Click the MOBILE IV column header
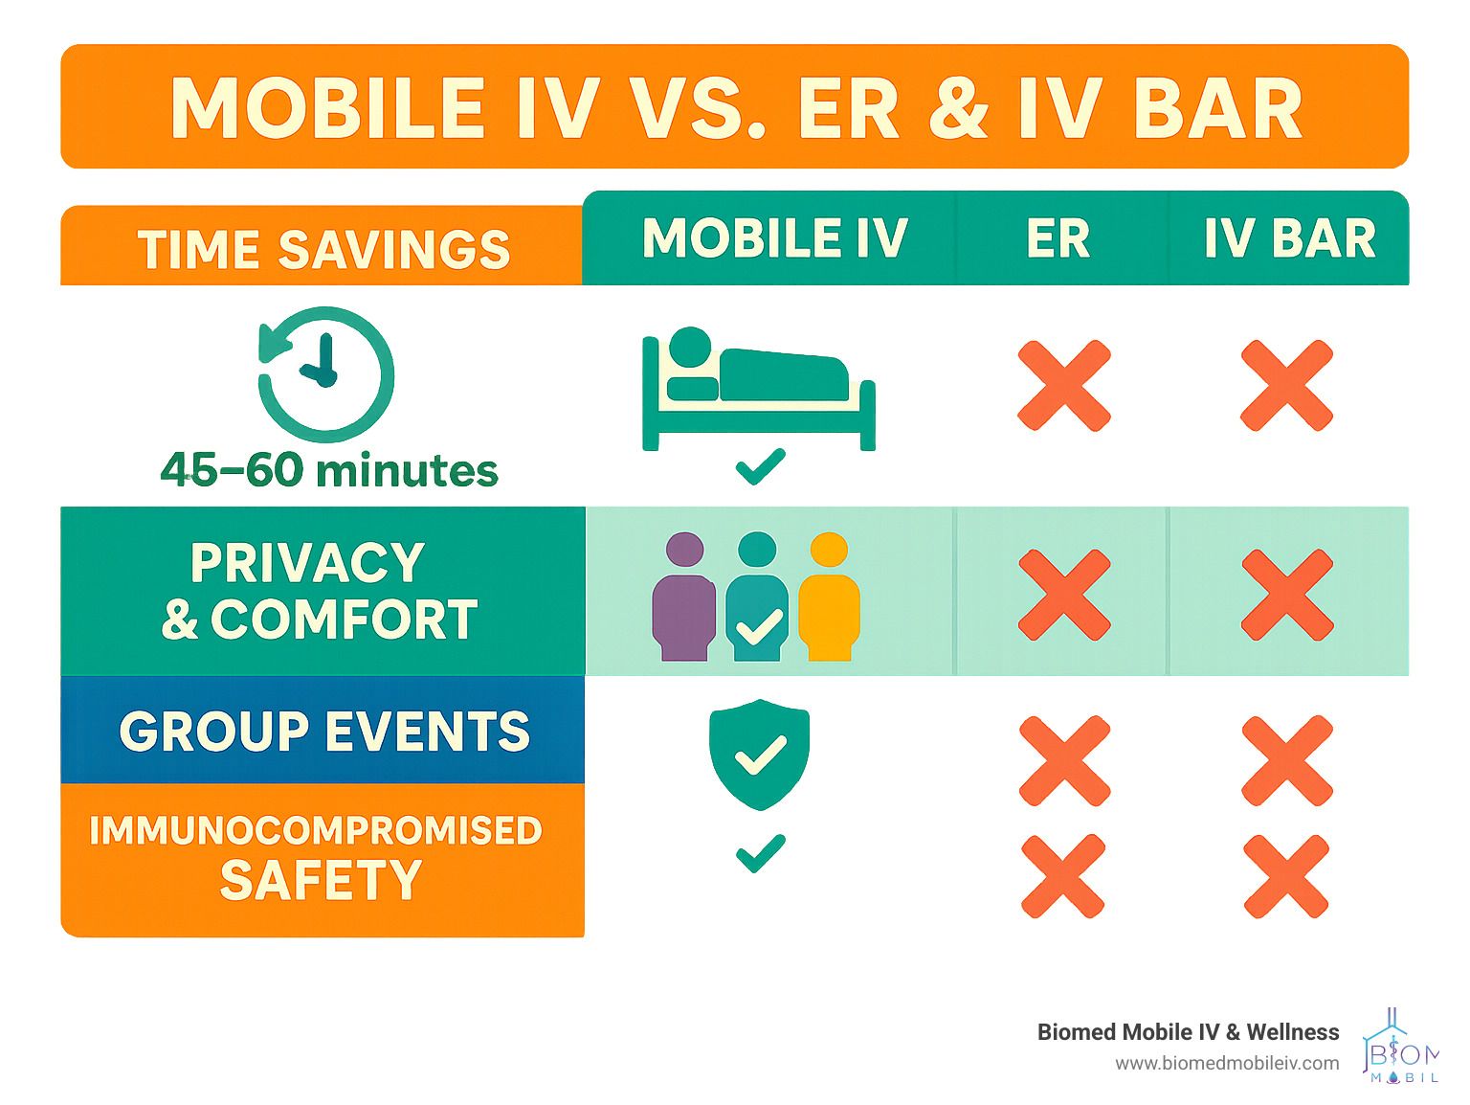(775, 237)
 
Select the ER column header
(1058, 237)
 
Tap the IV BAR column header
(1289, 237)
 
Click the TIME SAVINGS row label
(324, 249)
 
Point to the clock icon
(326, 373)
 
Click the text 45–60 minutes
(329, 470)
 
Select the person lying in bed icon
(759, 389)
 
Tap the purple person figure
(683, 597)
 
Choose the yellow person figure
(829, 597)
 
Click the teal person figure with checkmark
(757, 597)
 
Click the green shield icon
(759, 755)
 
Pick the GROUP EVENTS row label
(324, 730)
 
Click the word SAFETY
(321, 879)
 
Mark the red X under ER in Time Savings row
(1063, 385)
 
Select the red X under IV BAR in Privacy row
(1287, 595)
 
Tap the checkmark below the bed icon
(760, 466)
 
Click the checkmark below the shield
(760, 853)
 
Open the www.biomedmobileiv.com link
(1227, 1063)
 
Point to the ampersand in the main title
(958, 108)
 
